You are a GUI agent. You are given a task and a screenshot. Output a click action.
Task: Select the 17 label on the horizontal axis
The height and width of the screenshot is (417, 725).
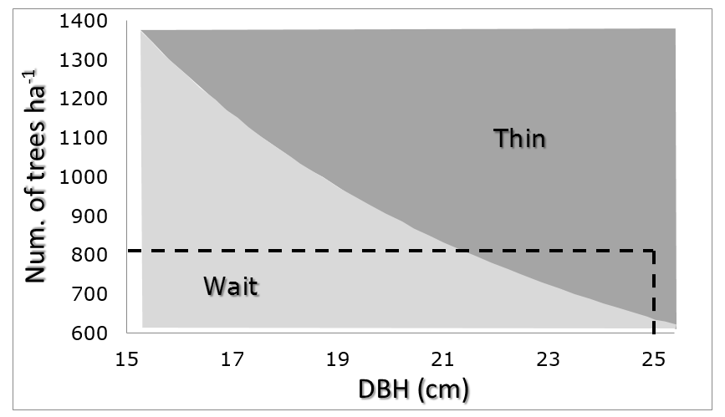[x=232, y=360]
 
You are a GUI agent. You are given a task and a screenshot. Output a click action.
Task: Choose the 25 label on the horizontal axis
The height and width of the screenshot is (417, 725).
[x=653, y=360]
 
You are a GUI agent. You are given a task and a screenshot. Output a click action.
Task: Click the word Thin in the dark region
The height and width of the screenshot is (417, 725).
[x=519, y=138]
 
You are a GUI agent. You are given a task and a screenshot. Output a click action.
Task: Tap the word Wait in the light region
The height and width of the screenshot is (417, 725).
[x=232, y=287]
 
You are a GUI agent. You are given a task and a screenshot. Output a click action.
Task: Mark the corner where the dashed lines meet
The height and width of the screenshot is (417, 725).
[x=653, y=250]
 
